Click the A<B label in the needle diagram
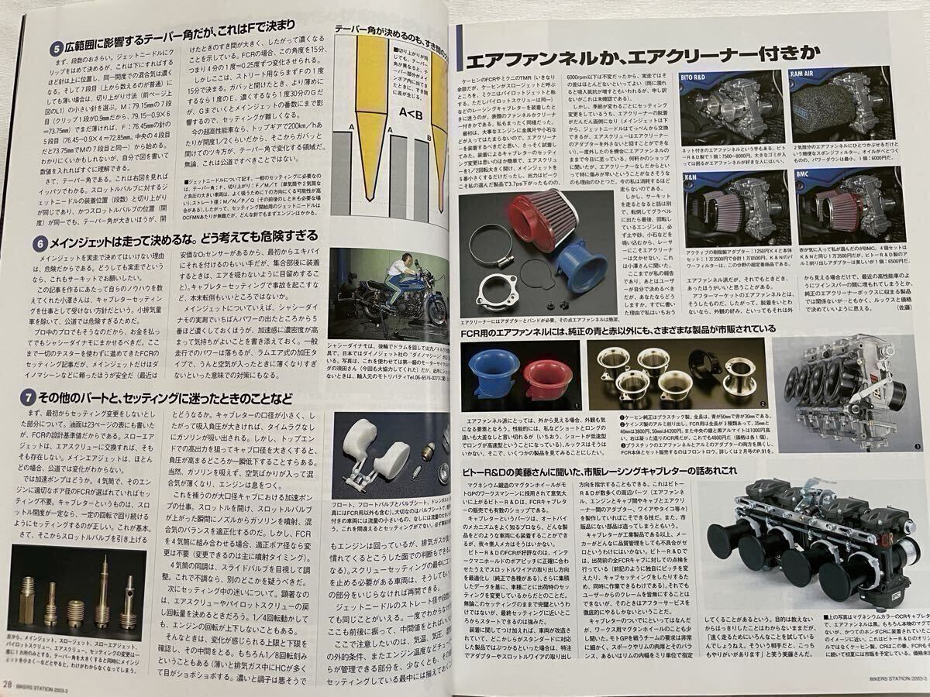[x=408, y=118]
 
